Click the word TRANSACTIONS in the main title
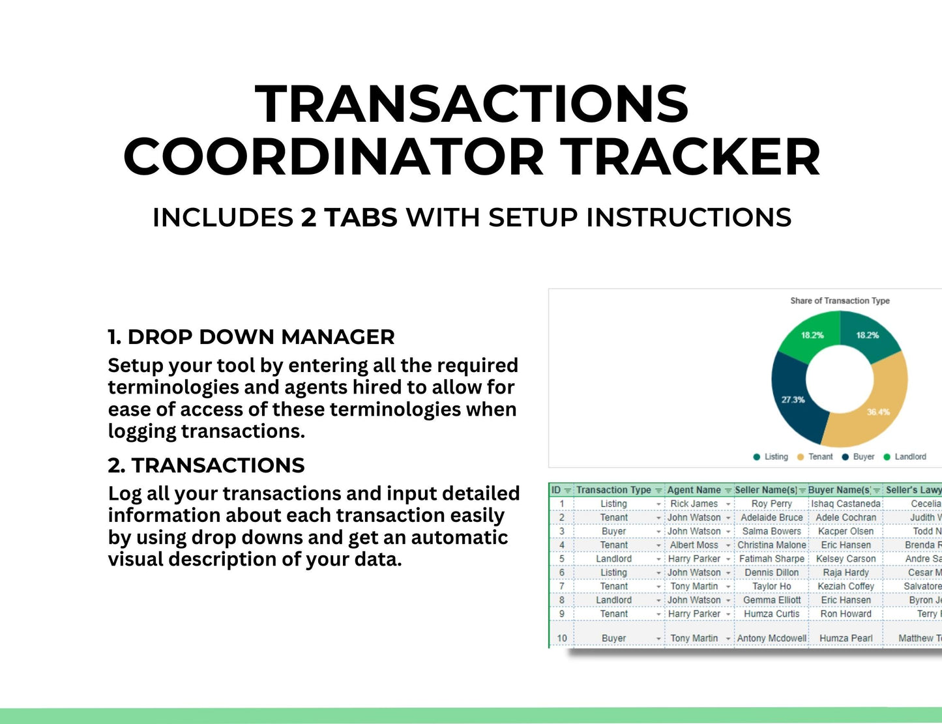pyautogui.click(x=471, y=104)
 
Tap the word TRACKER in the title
pyautogui.click(x=690, y=158)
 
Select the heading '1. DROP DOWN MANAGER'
pyautogui.click(x=251, y=337)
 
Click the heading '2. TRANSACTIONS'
pyautogui.click(x=206, y=465)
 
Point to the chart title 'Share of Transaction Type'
pyautogui.click(x=840, y=300)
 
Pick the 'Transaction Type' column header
pyautogui.click(x=613, y=490)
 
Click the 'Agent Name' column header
pyautogui.click(x=694, y=490)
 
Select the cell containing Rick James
pyautogui.click(x=694, y=504)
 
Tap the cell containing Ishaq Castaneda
pyautogui.click(x=846, y=504)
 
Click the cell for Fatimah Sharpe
pyautogui.click(x=771, y=558)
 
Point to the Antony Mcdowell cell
pyautogui.click(x=771, y=638)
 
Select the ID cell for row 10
pyautogui.click(x=561, y=638)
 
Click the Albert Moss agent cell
pyautogui.click(x=694, y=545)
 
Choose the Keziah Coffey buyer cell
pyautogui.click(x=846, y=586)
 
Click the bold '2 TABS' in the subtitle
pyautogui.click(x=349, y=218)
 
